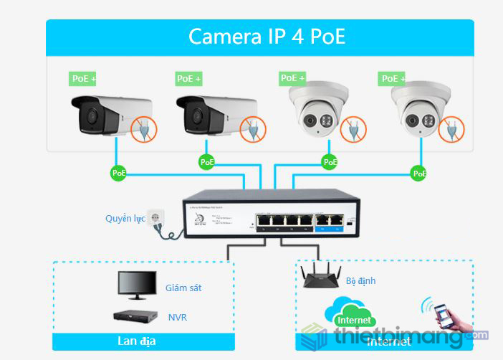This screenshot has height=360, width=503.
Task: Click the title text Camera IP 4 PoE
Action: click(267, 37)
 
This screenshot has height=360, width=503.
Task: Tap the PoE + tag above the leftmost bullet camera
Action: click(83, 78)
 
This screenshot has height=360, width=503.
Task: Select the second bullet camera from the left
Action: click(215, 114)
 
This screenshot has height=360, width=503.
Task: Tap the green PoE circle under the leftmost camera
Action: click(118, 173)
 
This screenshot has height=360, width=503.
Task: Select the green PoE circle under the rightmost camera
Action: click(420, 173)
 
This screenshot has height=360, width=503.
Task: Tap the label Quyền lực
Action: click(125, 219)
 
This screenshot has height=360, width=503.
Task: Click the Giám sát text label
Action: click(183, 288)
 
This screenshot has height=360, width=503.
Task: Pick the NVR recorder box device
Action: click(133, 315)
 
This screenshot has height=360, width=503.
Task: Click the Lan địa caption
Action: click(137, 341)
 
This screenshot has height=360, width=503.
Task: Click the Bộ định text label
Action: click(360, 280)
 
